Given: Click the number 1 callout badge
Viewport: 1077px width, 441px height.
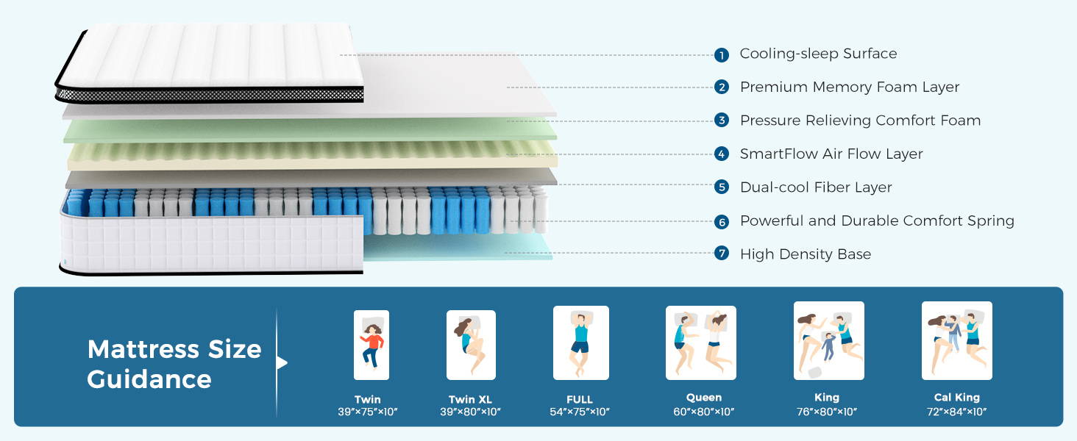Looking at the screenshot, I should point(722,55).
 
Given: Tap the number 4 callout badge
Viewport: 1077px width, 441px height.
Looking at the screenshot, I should point(722,154).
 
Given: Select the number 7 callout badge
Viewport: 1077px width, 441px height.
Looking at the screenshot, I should point(722,254).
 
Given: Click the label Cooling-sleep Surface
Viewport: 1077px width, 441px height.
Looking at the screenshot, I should point(818,54).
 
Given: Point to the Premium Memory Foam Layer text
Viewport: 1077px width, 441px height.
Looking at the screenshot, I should point(850,87).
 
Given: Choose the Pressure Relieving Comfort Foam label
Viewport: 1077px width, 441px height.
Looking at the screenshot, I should point(860,121).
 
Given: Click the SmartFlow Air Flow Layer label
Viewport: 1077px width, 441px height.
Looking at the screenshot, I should point(831,154).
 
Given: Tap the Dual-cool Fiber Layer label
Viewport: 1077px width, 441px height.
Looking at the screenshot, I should point(816,187).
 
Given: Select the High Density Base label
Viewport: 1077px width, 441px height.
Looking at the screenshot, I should point(806,254).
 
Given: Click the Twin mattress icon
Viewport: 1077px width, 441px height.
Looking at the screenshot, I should point(372,345).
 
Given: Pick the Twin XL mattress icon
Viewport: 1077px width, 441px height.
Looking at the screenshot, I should point(471,345).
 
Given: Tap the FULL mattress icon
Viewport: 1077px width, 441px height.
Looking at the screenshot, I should point(580,343).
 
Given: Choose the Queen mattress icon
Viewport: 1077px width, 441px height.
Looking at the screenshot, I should point(701,343).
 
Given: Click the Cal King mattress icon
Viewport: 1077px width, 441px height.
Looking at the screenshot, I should point(957,340).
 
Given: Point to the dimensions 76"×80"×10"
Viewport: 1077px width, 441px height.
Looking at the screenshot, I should point(827,412).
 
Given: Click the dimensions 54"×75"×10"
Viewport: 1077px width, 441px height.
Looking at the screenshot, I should point(580,412).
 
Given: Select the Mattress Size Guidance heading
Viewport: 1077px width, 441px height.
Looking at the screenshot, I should point(174,364).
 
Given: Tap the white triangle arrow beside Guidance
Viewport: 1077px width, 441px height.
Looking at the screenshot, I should point(282,362).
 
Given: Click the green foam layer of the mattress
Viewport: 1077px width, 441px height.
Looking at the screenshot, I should point(309,131).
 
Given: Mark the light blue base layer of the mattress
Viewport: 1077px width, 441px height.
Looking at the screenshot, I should point(456,249).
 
